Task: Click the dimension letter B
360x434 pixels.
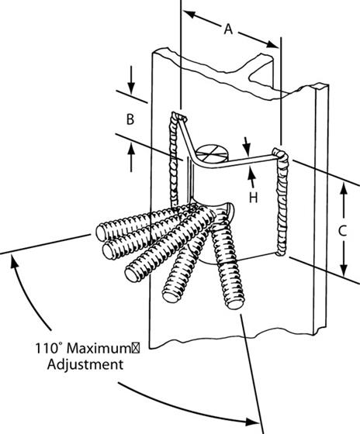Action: tap(131, 119)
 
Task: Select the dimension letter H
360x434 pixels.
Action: tap(252, 198)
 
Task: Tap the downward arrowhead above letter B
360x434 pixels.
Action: tap(131, 86)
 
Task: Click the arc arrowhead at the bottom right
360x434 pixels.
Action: tap(252, 422)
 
